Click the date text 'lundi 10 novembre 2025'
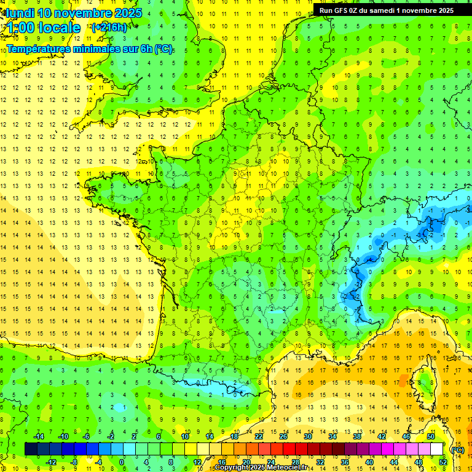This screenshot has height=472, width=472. pos(74,13)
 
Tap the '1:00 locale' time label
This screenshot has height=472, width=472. pos(42,28)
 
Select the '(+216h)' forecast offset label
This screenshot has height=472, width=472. pos(109,28)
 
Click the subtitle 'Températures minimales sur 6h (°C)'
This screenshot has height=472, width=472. pos(90,49)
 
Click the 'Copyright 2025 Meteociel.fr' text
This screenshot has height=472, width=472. pos(261,468)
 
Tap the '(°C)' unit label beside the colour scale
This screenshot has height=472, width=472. pos(457,449)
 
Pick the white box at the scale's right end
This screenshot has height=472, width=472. pos(437,449)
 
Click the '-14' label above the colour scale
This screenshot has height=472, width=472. pos(38,436)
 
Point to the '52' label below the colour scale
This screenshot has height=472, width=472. pos(443,462)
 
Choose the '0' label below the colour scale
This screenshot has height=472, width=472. pos(122,462)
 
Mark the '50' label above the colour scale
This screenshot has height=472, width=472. pos(431,436)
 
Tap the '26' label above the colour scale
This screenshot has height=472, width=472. pos(283,436)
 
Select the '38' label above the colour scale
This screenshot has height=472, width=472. pos(357,436)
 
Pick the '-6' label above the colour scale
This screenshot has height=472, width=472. pos(87,436)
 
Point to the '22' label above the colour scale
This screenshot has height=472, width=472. pos(259,436)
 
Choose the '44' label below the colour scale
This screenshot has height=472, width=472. pos(394,462)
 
